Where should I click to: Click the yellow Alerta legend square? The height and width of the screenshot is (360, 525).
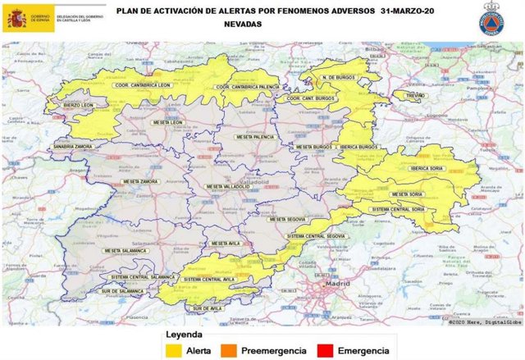(173, 351)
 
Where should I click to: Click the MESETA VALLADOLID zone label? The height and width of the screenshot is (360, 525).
(228, 187)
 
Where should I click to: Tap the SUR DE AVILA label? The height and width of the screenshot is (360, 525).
(203, 308)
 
